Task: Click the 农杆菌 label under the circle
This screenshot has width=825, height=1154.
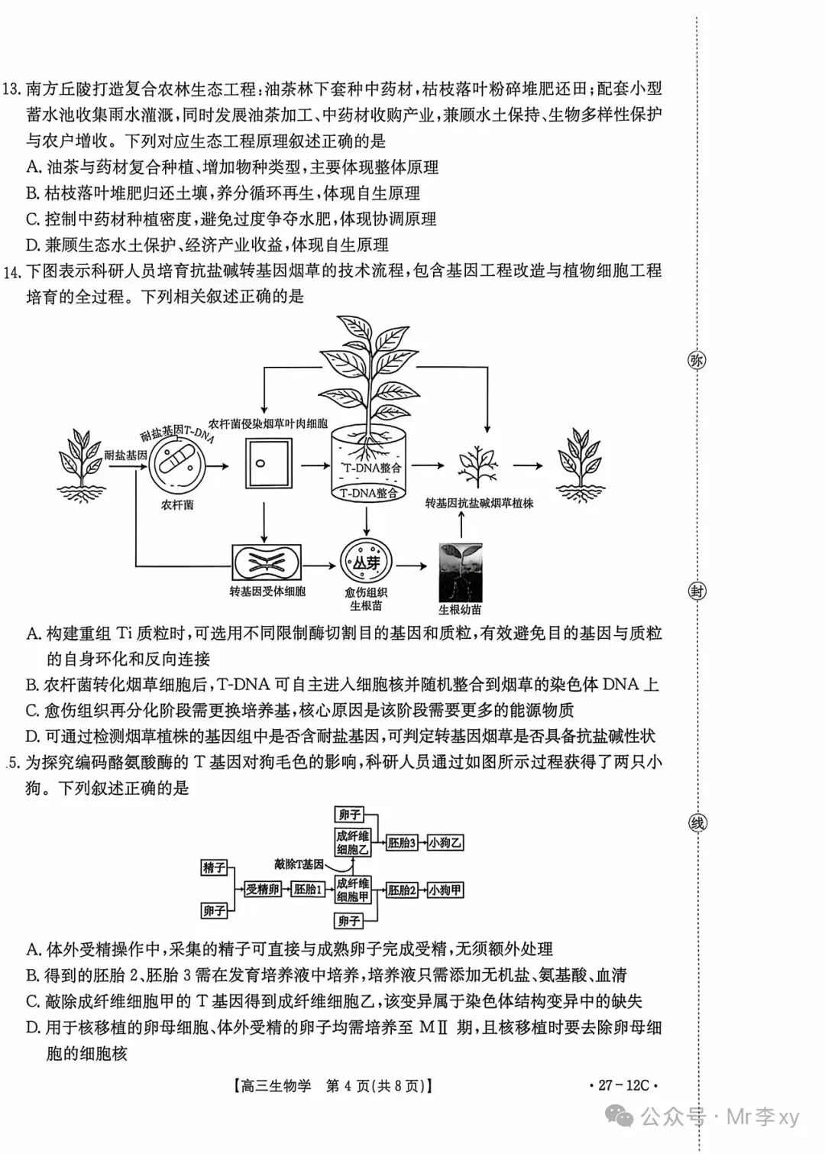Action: point(176,505)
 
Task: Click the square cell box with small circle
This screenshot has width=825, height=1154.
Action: point(269,463)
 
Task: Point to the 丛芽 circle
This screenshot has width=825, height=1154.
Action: point(366,562)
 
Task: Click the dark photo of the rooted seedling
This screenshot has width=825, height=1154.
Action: point(461,572)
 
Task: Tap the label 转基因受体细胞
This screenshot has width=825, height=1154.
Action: point(267,591)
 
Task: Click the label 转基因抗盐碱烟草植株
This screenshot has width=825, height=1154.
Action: point(480,504)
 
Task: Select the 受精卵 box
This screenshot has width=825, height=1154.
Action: point(263,890)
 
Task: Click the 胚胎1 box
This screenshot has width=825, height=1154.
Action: point(309,890)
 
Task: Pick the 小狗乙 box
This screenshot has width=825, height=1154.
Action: point(445,843)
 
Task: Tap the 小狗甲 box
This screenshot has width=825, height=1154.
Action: point(445,890)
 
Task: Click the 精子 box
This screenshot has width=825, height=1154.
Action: point(214,867)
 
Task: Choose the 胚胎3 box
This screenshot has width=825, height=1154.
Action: point(402,843)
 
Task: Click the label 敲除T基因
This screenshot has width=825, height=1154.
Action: point(299,864)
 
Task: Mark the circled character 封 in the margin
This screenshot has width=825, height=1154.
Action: point(697,591)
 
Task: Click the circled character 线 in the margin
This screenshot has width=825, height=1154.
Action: point(697,823)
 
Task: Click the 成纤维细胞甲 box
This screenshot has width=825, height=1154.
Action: point(353,890)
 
